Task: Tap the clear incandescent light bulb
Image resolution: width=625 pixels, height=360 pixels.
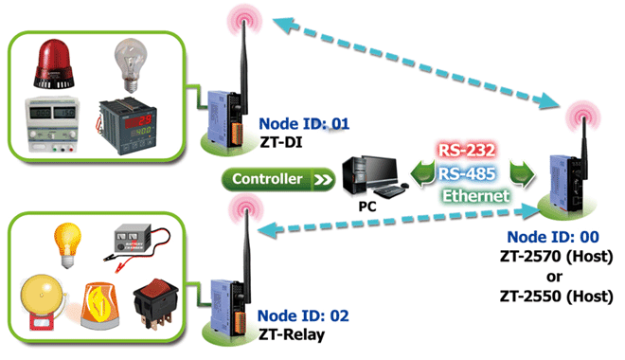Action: (x=131, y=65)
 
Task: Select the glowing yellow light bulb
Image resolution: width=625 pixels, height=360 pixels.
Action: (x=67, y=244)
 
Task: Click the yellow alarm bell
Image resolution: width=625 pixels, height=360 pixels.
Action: (x=42, y=302)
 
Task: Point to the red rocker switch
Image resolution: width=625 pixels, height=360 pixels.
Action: (x=155, y=304)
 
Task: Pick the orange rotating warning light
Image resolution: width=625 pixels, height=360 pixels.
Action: (x=100, y=306)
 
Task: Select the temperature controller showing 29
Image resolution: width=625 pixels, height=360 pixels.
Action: (x=127, y=126)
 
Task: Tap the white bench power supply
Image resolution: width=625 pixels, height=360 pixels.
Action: (x=52, y=124)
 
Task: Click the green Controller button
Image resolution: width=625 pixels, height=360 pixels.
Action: (x=278, y=179)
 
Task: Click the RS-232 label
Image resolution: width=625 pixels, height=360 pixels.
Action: (x=466, y=151)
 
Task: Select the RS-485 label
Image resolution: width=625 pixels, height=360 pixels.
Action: (x=467, y=173)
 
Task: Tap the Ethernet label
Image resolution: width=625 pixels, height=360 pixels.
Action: (x=475, y=196)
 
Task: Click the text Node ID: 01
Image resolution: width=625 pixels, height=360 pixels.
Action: (x=304, y=123)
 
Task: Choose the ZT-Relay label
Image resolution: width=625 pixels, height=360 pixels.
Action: (x=292, y=334)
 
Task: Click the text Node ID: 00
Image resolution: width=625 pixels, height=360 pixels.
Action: (x=553, y=237)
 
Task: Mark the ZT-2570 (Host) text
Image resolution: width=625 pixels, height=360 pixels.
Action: (x=557, y=257)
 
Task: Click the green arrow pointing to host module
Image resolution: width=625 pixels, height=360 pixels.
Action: (x=522, y=173)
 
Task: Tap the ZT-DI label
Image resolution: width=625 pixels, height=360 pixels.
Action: (x=281, y=142)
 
